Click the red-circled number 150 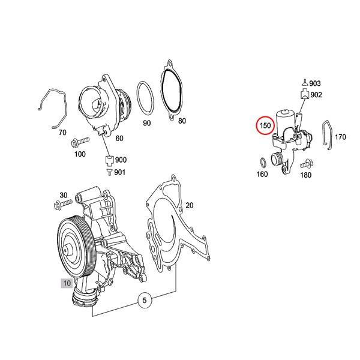265,126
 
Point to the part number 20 190,205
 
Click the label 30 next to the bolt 63,196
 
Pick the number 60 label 119,138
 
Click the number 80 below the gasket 182,121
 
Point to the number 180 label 306,176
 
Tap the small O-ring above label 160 262,161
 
